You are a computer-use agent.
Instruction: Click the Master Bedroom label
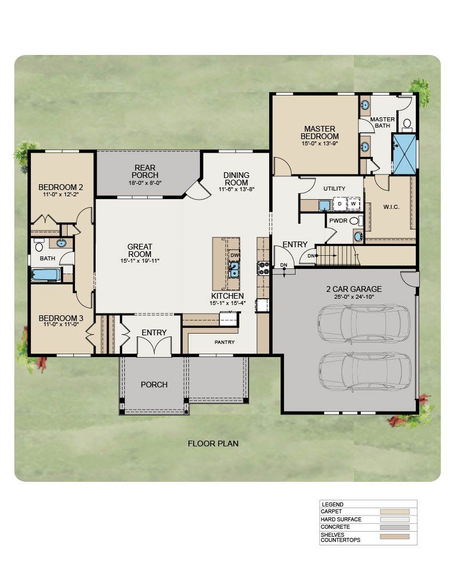point(320,132)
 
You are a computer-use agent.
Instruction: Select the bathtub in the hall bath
point(46,275)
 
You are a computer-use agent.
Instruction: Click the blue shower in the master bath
point(404,155)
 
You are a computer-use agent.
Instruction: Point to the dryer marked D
point(340,204)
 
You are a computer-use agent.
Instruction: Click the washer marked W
point(353,204)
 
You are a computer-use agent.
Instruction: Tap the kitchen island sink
point(234,270)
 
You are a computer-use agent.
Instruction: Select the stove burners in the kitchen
point(263,268)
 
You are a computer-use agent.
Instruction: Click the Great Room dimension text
point(140,261)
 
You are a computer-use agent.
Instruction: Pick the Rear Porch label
point(145,172)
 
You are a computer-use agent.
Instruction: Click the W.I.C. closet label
point(391,207)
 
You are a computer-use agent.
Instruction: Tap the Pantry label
point(224,342)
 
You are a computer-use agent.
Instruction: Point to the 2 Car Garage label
point(354,289)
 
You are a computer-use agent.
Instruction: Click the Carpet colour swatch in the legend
point(395,512)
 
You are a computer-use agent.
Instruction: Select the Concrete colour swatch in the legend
point(395,527)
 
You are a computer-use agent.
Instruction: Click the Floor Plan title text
point(213,444)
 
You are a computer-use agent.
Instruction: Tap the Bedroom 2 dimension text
point(61,195)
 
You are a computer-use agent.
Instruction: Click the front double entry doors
point(154,346)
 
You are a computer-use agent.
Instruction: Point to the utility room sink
point(325,205)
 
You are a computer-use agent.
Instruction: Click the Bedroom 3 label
point(61,318)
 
